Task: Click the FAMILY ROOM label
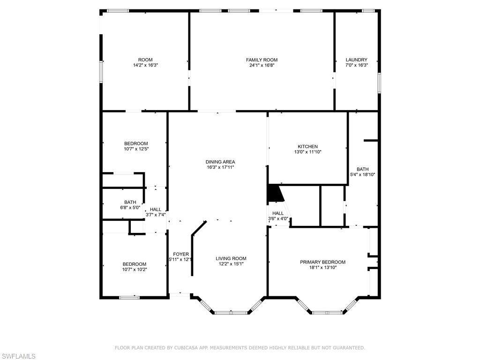pos(262,60)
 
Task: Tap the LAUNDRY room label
pos(356,60)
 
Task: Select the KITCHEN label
pos(307,147)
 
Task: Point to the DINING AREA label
pos(220,162)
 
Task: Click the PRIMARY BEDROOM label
pos(322,262)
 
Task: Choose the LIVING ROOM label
pos(231,258)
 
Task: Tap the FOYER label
pos(181,254)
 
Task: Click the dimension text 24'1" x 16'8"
pos(262,65)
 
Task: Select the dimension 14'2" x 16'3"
pos(145,65)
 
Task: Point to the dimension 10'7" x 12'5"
pos(136,149)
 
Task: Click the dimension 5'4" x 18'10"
pos(363,174)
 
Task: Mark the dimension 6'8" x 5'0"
pos(130,208)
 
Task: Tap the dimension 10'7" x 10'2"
pos(135,270)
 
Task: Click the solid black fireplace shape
pos(275,194)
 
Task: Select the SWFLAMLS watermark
pos(18,356)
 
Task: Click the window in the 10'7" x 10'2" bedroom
pos(129,297)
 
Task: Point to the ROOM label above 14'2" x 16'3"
pos(145,60)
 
